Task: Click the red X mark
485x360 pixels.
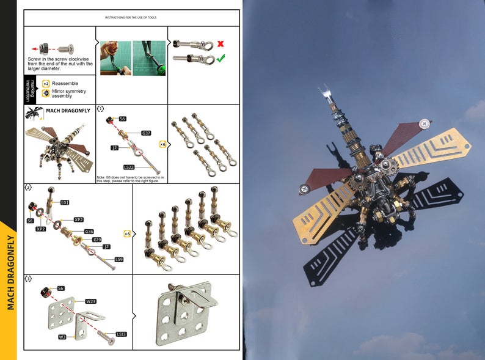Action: click(x=220, y=43)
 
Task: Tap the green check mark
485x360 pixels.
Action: click(x=221, y=57)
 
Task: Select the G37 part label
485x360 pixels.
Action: click(x=146, y=133)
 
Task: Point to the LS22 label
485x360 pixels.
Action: click(x=129, y=166)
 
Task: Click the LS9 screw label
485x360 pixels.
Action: click(x=119, y=260)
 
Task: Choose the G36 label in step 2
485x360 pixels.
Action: click(x=89, y=232)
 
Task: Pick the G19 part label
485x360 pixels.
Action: click(x=97, y=240)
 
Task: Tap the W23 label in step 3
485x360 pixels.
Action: click(x=91, y=301)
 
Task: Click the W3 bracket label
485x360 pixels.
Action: click(x=62, y=337)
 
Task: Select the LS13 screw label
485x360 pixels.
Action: click(x=121, y=334)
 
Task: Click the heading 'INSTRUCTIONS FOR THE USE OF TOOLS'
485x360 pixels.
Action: click(x=131, y=18)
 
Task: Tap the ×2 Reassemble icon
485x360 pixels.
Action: click(x=46, y=83)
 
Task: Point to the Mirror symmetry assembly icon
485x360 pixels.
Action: click(x=46, y=94)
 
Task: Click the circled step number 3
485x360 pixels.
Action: click(x=28, y=279)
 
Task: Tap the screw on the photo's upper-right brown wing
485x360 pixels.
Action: click(x=423, y=124)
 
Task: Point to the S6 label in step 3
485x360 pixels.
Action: click(x=60, y=288)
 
